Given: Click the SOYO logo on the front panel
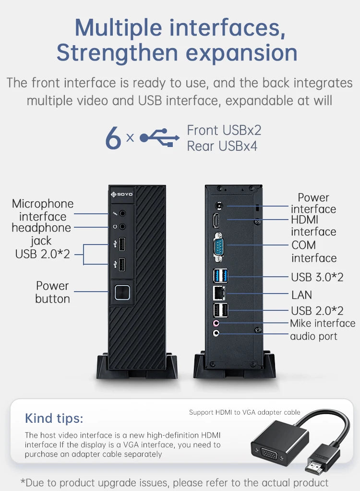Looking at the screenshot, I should pyautogui.click(x=122, y=194).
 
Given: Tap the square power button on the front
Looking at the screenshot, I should pyautogui.click(x=122, y=292).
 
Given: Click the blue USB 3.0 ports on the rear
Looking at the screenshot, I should pyautogui.click(x=220, y=276).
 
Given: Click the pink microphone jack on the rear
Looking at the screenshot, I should pyautogui.click(x=216, y=323).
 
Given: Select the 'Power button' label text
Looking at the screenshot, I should pyautogui.click(x=52, y=292).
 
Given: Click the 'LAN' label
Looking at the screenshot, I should pyautogui.click(x=301, y=295).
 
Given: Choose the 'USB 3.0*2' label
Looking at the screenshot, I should pyautogui.click(x=317, y=277).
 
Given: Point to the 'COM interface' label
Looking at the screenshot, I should pyautogui.click(x=314, y=251).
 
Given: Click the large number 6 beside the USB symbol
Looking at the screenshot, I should pyautogui.click(x=113, y=138).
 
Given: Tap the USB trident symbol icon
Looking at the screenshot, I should pyautogui.click(x=159, y=137).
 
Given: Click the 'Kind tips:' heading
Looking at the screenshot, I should pyautogui.click(x=54, y=418).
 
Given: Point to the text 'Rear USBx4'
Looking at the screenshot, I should pyautogui.click(x=222, y=146).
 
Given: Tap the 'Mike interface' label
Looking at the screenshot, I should pyautogui.click(x=323, y=323).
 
